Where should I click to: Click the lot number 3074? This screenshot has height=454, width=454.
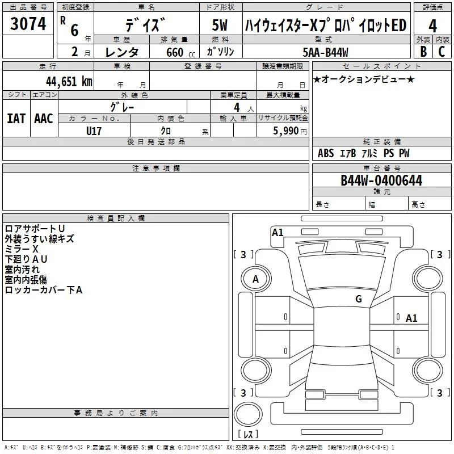28,24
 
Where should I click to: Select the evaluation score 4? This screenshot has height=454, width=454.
432,26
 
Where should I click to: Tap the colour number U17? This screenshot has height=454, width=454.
94,130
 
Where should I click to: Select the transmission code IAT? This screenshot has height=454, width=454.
16,118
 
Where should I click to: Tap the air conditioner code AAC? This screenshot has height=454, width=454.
43,118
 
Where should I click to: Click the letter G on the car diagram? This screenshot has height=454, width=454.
358,299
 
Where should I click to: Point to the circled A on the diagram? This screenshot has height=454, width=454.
255,279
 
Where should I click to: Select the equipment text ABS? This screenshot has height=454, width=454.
326,153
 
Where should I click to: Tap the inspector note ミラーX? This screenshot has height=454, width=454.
21,249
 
